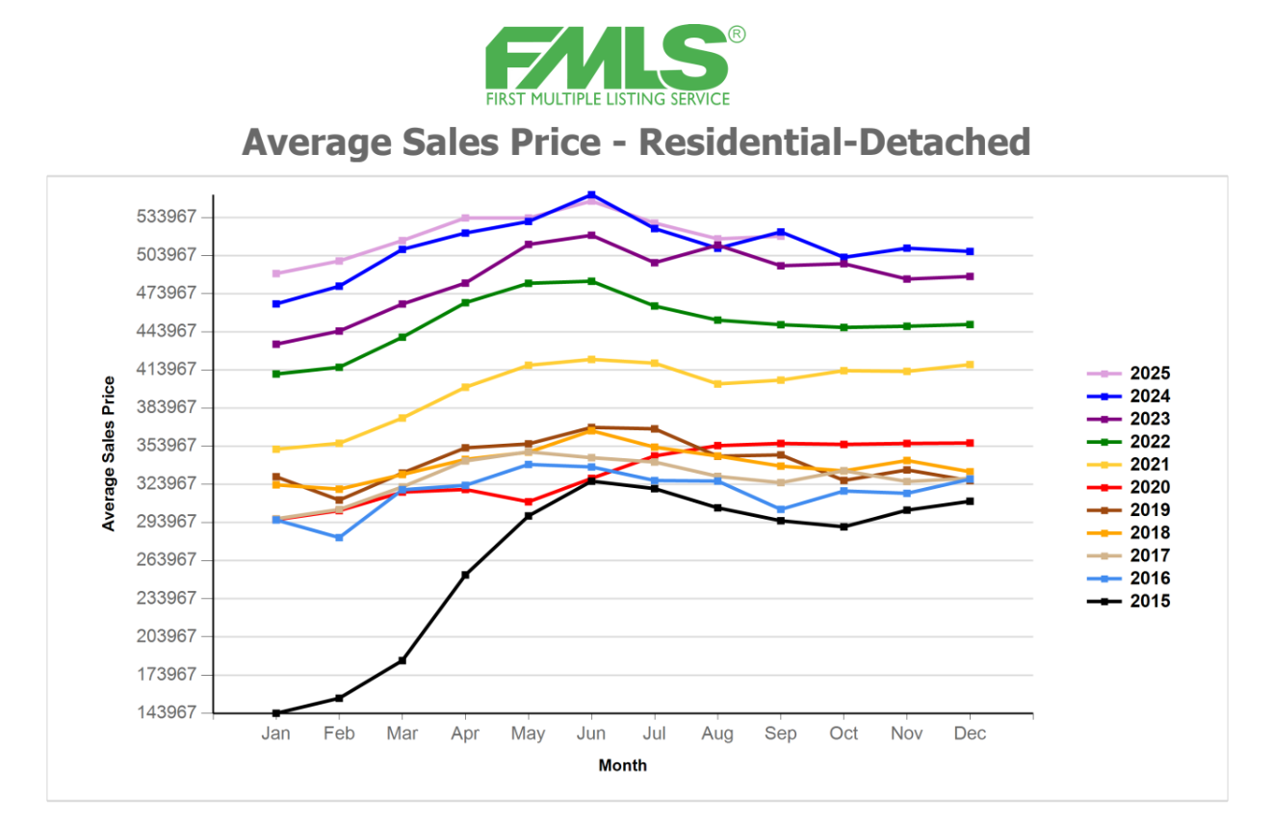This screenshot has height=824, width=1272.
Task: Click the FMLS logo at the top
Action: click(x=614, y=64)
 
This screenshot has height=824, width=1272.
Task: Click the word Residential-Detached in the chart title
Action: click(x=835, y=142)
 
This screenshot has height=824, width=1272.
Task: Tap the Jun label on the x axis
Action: click(x=591, y=734)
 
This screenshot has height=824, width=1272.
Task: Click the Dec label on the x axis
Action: click(x=970, y=734)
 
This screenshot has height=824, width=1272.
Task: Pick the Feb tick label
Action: click(x=339, y=734)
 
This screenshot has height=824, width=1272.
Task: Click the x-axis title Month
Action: click(x=623, y=766)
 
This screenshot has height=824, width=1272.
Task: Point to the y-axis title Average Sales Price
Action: click(x=109, y=453)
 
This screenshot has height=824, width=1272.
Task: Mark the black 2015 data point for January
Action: click(x=276, y=713)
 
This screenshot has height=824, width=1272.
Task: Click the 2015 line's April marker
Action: click(x=465, y=575)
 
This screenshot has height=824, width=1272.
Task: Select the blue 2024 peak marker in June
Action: click(x=591, y=195)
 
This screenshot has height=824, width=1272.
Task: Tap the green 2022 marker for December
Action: click(x=970, y=324)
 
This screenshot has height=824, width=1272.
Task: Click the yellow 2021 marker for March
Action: click(x=402, y=418)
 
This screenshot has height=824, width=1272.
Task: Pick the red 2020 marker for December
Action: click(x=970, y=443)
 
